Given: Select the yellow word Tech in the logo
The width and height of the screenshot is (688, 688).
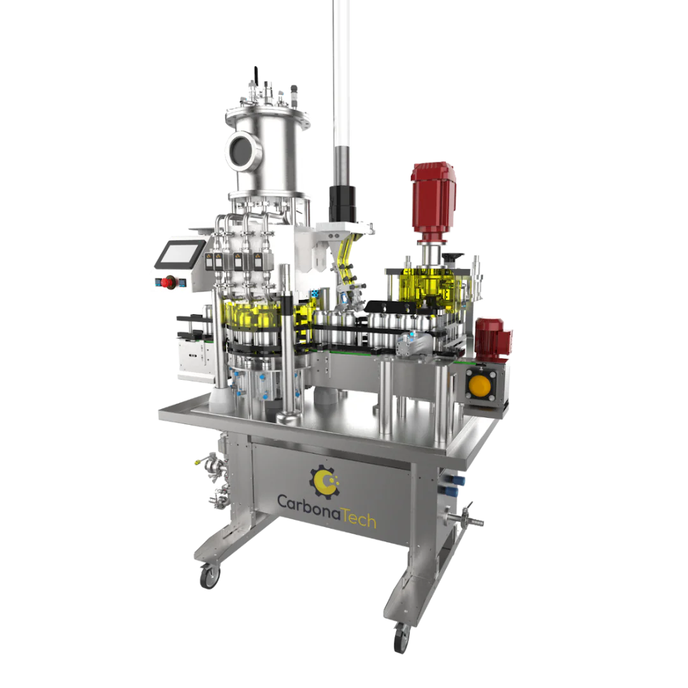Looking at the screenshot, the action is [359, 518].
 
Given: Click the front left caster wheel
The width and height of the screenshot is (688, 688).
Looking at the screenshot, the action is [210, 576].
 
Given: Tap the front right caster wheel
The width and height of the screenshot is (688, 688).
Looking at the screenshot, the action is [401, 637].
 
